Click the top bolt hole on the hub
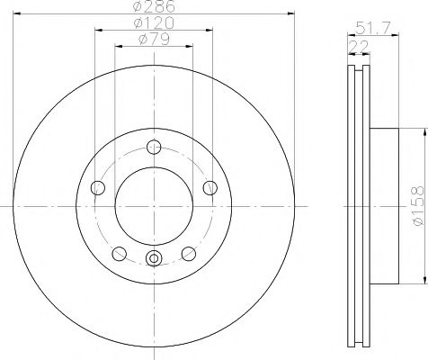(155, 148)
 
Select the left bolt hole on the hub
(98, 188)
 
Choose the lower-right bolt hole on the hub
(190, 254)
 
